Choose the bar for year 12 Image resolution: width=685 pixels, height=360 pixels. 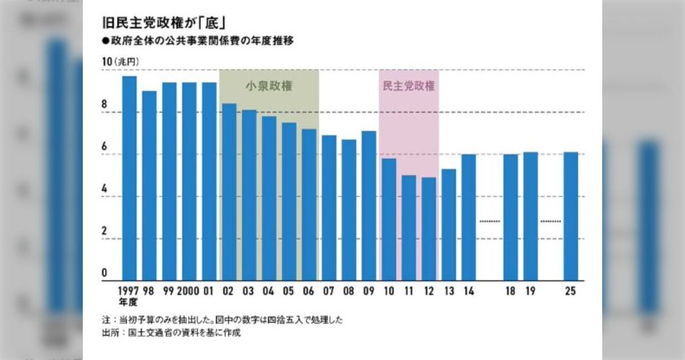pos(429,229)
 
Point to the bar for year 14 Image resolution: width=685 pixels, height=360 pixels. pos(469,218)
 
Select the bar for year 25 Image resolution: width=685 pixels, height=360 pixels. pos(570,216)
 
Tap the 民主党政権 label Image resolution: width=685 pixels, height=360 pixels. pos(409,86)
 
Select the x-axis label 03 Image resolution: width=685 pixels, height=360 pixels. pos(249,292)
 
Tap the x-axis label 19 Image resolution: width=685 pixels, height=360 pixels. pos(530,292)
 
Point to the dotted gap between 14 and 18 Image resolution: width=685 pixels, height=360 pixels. pos(489,221)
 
